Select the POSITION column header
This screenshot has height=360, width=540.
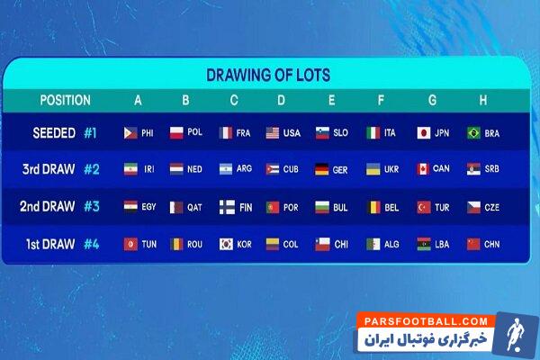tap(65, 101)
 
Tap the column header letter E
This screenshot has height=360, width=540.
tap(331, 101)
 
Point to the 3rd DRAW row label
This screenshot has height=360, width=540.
tap(48, 169)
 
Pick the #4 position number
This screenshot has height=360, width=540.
tap(91, 243)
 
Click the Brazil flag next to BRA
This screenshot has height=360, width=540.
tap(473, 133)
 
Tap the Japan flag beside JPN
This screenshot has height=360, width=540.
tap(423, 133)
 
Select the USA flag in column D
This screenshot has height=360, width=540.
tap(273, 133)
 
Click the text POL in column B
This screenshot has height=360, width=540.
tap(195, 133)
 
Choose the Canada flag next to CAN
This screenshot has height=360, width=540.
tap(423, 169)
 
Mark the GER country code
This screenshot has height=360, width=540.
tap(341, 169)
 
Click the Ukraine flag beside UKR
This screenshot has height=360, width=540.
tap(373, 169)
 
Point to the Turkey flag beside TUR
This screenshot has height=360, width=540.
tap(423, 207)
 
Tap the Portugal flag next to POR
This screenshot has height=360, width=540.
tap(273, 207)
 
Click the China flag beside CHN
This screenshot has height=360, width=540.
tap(473, 244)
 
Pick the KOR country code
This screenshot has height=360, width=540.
tap(246, 244)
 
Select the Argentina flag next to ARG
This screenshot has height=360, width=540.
tap(225, 169)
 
